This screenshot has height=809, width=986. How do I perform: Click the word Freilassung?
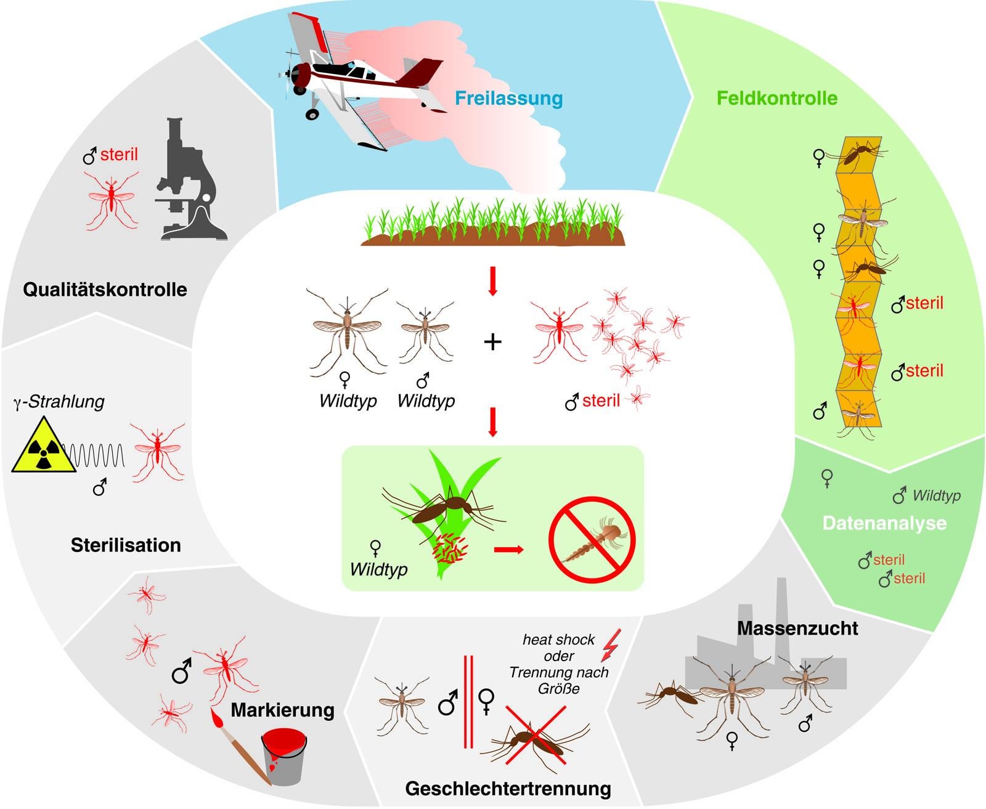tap(508, 99)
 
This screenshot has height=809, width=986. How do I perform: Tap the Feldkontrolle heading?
tap(776, 99)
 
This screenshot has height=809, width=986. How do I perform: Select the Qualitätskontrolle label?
tap(105, 290)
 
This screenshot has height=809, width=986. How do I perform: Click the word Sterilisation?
tap(126, 545)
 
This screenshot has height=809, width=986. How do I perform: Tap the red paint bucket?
tap(284, 757)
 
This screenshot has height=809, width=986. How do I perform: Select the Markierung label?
tap(282, 710)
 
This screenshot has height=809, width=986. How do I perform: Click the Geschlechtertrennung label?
tap(508, 789)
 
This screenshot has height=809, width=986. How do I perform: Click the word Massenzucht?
tap(797, 628)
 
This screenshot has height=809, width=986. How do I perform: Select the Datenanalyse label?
tap(884, 524)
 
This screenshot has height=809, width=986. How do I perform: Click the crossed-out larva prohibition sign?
tap(592, 540)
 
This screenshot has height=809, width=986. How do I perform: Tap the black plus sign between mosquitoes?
tap(492, 341)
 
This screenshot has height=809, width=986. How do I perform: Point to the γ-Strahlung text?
tap(59, 402)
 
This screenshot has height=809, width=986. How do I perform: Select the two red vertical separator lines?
tap(468, 702)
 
